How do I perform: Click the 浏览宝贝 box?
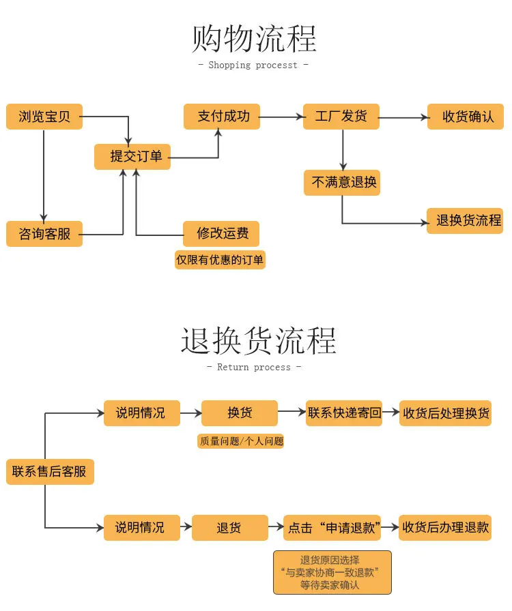[x=44, y=116]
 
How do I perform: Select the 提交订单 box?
[x=132, y=157]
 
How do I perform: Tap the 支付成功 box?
[x=222, y=116]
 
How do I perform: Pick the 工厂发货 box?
[x=341, y=116]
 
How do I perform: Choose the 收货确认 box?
[x=466, y=116]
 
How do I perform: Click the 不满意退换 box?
[x=342, y=182]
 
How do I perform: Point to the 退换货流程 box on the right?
[x=465, y=220]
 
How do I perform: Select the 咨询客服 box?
[x=44, y=234]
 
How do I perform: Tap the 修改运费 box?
[x=221, y=234]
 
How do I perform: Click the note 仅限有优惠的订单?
[x=220, y=260]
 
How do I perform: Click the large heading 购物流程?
[x=254, y=39]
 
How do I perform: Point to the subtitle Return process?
[x=254, y=367]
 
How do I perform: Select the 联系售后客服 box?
[x=50, y=471]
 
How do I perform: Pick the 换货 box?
[x=240, y=413]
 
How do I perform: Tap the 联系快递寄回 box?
[x=344, y=413]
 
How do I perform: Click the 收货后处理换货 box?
[x=445, y=413]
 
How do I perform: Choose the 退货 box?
[x=230, y=528]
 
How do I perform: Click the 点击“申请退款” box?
[x=332, y=528]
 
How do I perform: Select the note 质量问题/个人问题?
[x=241, y=441]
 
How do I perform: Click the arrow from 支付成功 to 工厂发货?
[x=281, y=117]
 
